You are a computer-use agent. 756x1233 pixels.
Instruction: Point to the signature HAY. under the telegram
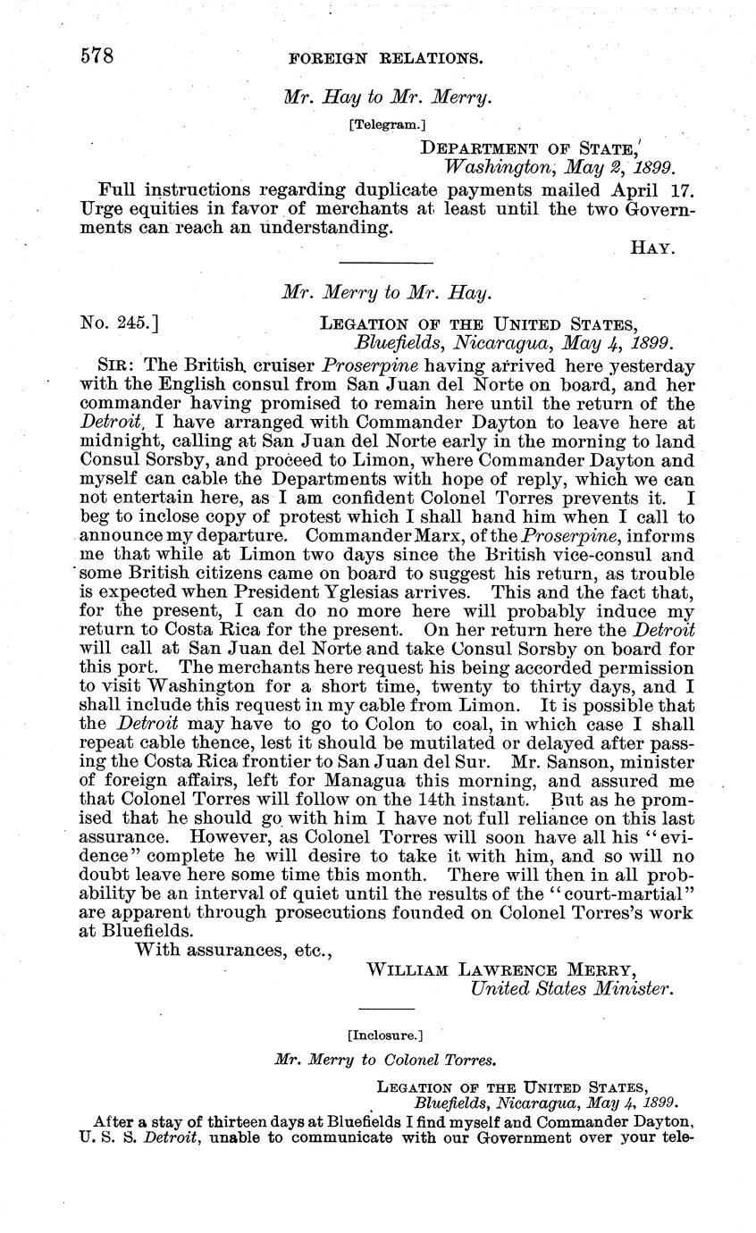coord(651,247)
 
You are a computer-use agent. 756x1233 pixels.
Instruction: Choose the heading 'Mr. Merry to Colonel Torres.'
coord(385,1061)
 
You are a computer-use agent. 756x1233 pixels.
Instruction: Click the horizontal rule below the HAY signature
coord(386,262)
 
